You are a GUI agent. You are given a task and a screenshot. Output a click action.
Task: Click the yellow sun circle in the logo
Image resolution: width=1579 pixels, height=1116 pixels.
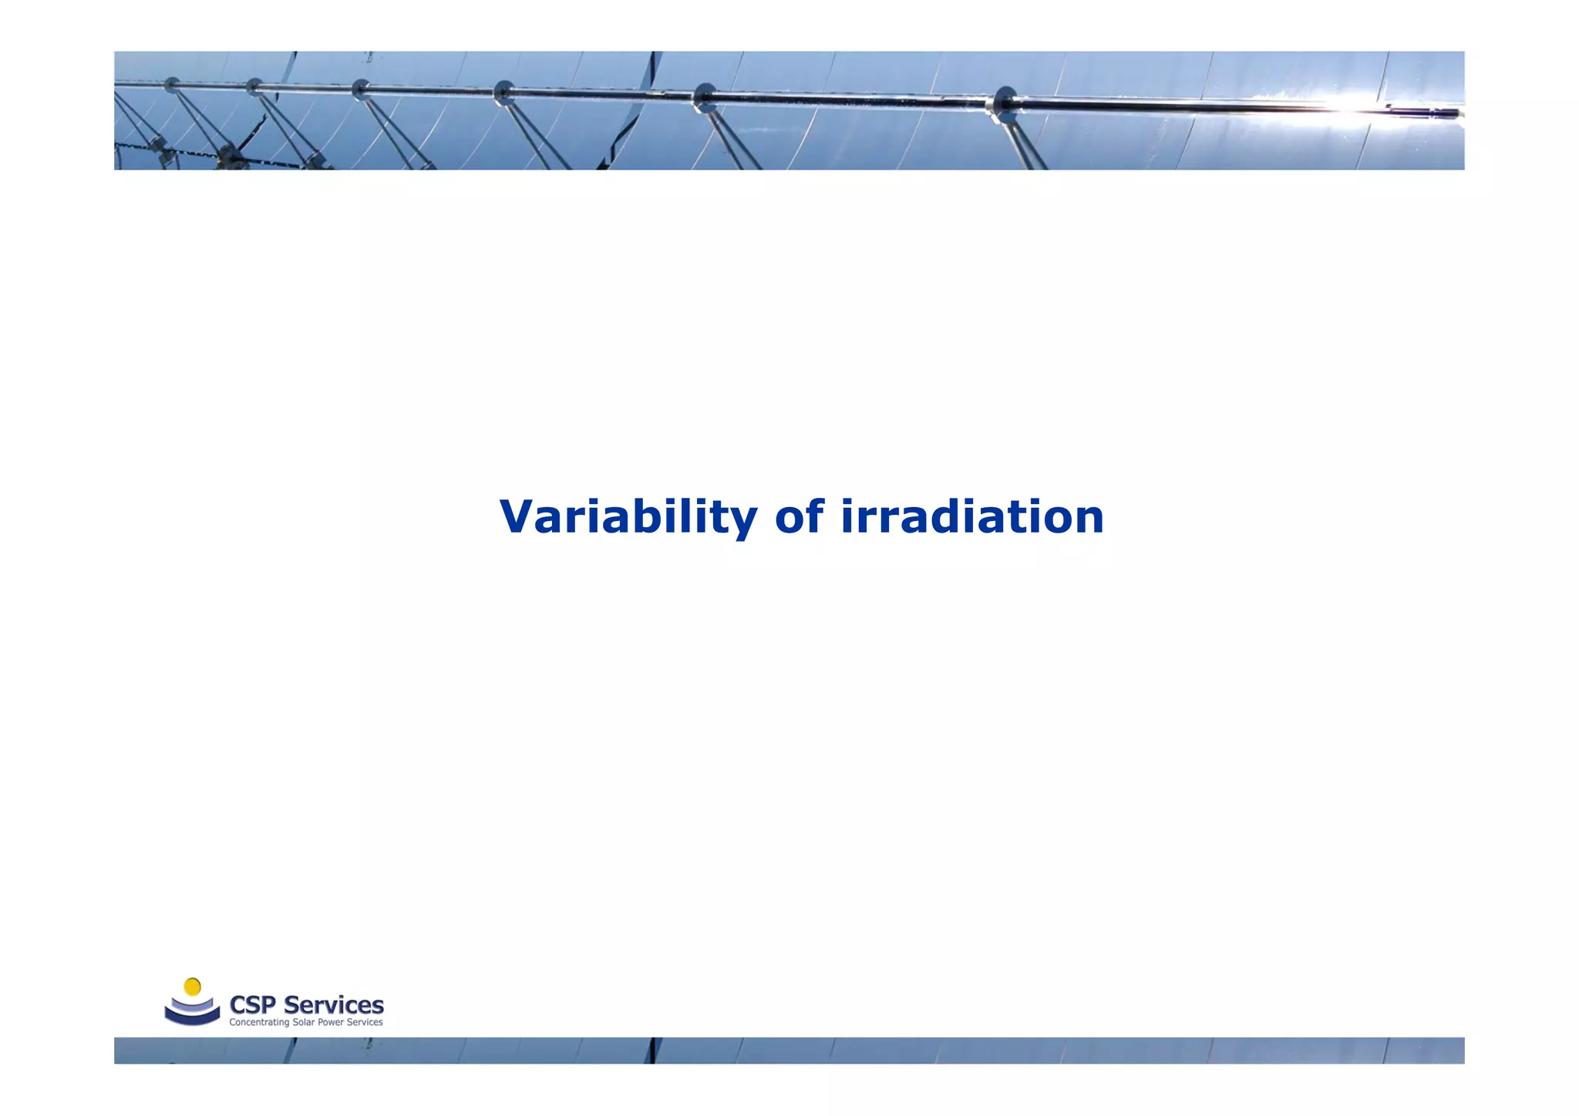193,987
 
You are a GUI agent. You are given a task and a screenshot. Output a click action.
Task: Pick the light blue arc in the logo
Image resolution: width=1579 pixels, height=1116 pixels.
192,1005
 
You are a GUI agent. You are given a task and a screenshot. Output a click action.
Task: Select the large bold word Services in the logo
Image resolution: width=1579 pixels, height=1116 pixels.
333,1005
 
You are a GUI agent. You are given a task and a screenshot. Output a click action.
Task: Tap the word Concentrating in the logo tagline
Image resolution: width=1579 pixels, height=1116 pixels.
259,1023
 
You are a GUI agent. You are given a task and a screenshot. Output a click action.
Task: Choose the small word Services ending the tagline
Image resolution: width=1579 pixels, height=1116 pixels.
365,1023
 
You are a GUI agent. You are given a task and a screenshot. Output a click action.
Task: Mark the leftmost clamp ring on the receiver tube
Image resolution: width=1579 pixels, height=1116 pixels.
171,83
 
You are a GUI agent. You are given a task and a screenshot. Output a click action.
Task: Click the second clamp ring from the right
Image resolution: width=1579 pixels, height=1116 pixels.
704,97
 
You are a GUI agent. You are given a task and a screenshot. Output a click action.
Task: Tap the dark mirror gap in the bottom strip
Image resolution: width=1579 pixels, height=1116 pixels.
654,1050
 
